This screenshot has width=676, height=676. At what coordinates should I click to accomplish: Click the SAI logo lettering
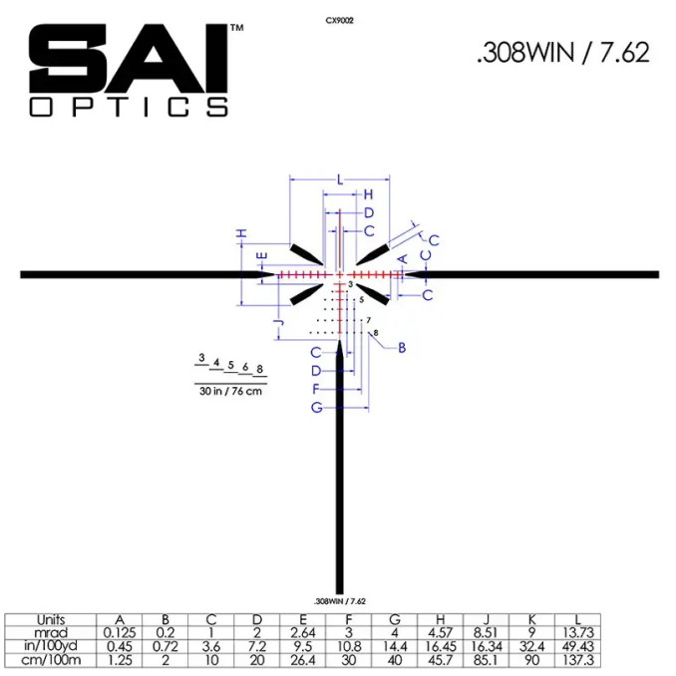pyautogui.click(x=128, y=58)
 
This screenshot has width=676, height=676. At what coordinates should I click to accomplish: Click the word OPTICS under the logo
pyautogui.click(x=128, y=107)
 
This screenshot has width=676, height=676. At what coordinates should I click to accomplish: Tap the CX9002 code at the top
pyautogui.click(x=340, y=20)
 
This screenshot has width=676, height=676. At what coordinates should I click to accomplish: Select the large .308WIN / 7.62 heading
pyautogui.click(x=563, y=53)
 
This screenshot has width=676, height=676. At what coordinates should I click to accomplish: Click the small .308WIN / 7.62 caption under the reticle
pyautogui.click(x=340, y=601)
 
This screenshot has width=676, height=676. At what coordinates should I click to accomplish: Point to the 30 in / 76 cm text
pyautogui.click(x=230, y=391)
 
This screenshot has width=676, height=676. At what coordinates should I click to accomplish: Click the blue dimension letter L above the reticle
pyautogui.click(x=340, y=179)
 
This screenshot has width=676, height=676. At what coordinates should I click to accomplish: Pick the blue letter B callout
pyautogui.click(x=402, y=348)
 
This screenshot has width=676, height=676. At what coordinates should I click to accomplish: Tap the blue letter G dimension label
pyautogui.click(x=317, y=407)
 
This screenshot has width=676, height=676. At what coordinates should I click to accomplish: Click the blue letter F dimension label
pyautogui.click(x=316, y=389)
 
